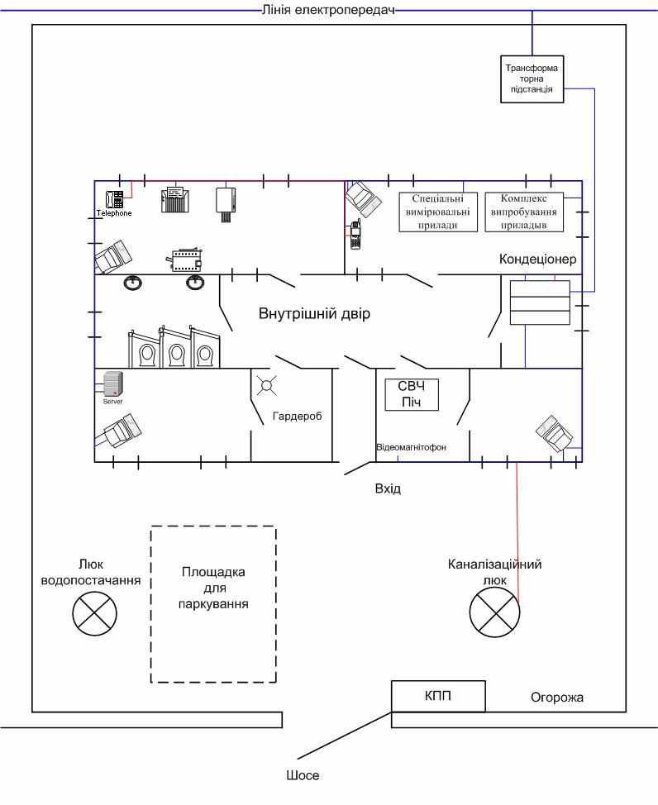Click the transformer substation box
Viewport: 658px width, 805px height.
533,79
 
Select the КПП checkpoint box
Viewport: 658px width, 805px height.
438,695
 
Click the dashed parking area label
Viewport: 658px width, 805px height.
213,588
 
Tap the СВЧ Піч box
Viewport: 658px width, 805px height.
412,393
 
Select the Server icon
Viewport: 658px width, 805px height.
112,383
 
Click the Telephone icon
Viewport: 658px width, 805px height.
114,199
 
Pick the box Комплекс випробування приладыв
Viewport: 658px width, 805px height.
522,212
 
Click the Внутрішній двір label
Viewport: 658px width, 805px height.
314,314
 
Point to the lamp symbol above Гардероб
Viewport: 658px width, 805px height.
266,384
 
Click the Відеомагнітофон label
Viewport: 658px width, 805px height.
411,447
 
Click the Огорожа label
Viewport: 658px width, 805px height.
557,698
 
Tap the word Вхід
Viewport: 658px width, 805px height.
388,488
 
